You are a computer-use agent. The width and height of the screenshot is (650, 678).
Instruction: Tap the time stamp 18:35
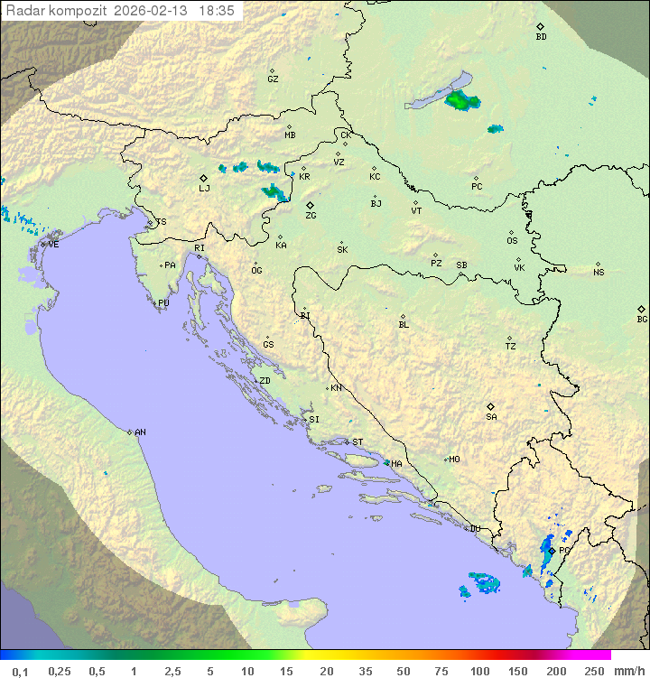pyautogui.click(x=217, y=11)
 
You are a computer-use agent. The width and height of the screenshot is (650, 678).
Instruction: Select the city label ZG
pyautogui.click(x=311, y=216)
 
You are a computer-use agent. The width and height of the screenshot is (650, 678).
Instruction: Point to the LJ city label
pyautogui.click(x=204, y=188)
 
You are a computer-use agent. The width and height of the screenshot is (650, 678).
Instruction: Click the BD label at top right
pyautogui.click(x=541, y=37)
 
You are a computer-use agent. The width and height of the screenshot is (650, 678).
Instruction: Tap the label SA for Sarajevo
pyautogui.click(x=491, y=416)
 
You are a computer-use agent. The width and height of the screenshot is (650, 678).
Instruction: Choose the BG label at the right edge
pyautogui.click(x=642, y=319)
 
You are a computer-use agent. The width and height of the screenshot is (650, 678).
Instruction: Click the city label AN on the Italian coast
pyautogui.click(x=140, y=432)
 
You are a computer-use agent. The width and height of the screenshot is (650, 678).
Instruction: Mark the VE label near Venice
pyautogui.click(x=53, y=245)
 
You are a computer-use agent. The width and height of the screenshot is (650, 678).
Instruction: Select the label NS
pyautogui.click(x=599, y=273)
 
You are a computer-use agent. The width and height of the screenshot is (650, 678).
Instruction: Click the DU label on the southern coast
pyautogui.click(x=474, y=529)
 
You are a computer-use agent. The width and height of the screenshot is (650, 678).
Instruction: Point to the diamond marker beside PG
pyautogui.click(x=551, y=550)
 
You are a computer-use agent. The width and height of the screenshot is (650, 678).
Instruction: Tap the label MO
pyautogui.click(x=454, y=460)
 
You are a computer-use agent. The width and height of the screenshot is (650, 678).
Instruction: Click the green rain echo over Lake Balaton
pyautogui.click(x=460, y=101)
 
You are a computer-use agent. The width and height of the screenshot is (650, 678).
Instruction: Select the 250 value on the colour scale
pyautogui.click(x=593, y=671)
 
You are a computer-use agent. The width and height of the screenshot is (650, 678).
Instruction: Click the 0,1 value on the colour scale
pyautogui.click(x=20, y=671)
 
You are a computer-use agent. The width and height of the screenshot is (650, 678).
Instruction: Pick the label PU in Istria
pyautogui.click(x=163, y=303)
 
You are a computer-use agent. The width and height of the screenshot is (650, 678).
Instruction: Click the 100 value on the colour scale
pyautogui.click(x=479, y=671)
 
